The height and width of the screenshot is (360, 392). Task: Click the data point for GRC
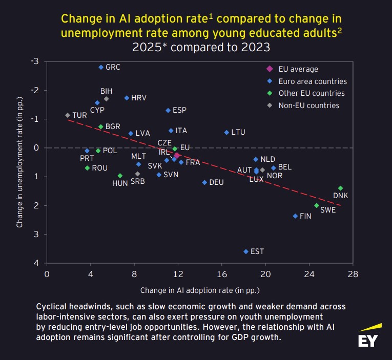[x=101, y=67]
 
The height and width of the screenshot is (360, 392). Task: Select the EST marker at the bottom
[x=246, y=251]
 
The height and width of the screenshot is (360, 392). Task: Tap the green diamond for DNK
[x=340, y=188]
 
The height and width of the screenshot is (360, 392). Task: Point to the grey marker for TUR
[x=67, y=115]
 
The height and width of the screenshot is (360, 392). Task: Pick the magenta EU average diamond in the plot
[x=177, y=155]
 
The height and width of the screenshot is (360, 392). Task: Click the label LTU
[x=238, y=132]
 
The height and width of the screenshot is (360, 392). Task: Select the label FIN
[x=305, y=216]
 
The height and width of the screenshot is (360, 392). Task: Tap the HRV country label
[x=138, y=98]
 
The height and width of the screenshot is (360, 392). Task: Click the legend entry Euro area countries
[x=313, y=81]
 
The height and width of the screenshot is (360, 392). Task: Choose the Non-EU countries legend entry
[x=308, y=105]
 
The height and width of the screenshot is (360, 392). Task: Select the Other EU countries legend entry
[x=312, y=93]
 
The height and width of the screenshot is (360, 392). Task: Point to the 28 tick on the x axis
[x=353, y=274]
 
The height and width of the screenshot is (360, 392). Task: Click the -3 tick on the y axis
[x=35, y=61]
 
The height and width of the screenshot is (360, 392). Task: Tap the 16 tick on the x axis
[x=221, y=274]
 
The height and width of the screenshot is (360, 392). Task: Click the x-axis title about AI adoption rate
[x=200, y=290]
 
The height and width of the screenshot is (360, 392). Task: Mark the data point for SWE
[x=317, y=205]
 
